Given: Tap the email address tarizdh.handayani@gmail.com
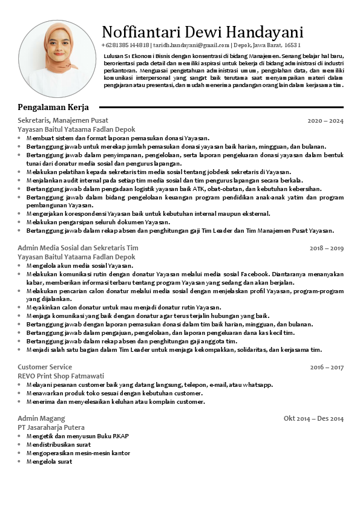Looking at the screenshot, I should click(x=191, y=45).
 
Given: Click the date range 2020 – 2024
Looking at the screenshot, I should click(x=325, y=121).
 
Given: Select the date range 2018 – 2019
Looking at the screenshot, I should click(x=326, y=248).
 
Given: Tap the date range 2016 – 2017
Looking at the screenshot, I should click(x=326, y=368).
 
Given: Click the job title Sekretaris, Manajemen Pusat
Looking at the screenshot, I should click(x=63, y=120).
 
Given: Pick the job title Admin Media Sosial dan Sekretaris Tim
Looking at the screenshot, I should click(x=78, y=248).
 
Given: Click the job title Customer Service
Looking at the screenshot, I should click(x=45, y=367).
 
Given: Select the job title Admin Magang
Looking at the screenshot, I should click(x=41, y=418).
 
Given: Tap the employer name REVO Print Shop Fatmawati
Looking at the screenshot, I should click(x=61, y=376).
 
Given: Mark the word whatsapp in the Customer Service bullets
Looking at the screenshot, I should click(x=258, y=385).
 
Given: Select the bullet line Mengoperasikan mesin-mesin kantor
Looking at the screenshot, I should click(x=78, y=453).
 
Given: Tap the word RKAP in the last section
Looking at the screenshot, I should click(x=121, y=436).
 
